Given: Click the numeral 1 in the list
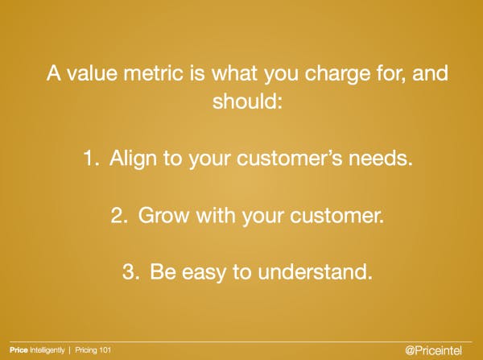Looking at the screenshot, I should [89, 158].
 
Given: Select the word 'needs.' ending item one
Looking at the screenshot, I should [382, 158].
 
